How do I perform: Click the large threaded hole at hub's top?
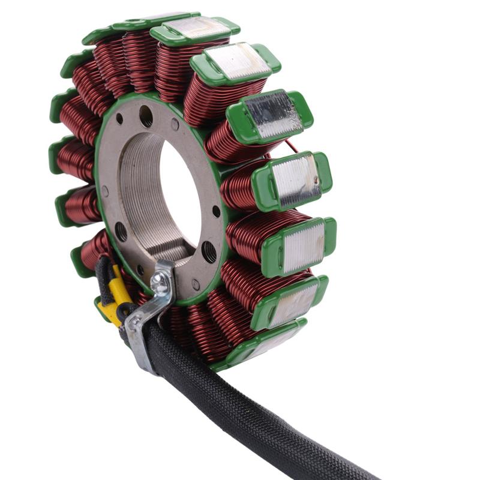146,115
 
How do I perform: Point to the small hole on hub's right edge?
215,211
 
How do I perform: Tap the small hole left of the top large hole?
119,118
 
